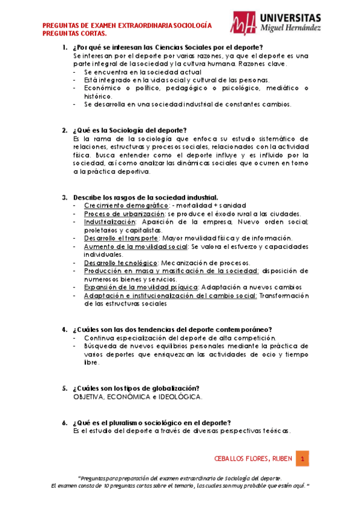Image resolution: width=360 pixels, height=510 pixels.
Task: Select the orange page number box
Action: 303,459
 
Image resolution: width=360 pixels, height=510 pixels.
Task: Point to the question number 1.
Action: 64,47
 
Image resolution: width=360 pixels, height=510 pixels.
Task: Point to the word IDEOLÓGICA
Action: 179,397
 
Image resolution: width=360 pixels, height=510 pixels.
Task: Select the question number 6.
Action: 64,422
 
